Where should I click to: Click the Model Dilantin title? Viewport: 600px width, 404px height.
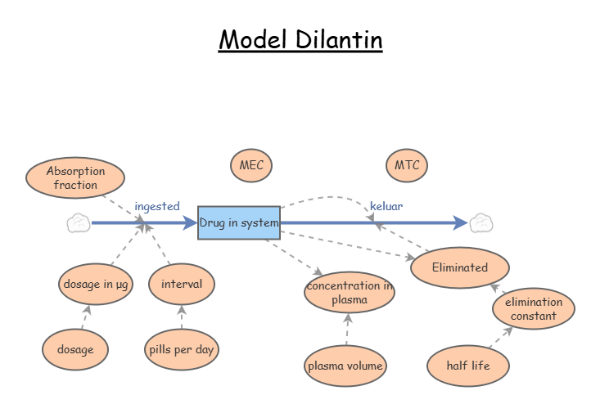coord(300,39)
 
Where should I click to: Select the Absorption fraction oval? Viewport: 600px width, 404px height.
coord(75,177)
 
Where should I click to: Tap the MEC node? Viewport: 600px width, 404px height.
coord(251,165)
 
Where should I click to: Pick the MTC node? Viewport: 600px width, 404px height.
coord(407,165)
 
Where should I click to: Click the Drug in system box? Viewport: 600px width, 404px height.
coord(239,222)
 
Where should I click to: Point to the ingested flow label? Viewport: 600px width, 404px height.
coord(156,206)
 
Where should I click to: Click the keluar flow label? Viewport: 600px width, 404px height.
coord(386,206)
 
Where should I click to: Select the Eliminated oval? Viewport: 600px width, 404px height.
coord(460,267)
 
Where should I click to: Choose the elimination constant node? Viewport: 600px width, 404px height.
coord(534,308)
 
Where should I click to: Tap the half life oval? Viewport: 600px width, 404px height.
coord(469,366)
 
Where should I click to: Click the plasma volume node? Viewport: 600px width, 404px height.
coord(345,366)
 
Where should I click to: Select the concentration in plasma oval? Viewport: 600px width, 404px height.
coord(350,292)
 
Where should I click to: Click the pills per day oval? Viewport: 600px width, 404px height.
coord(182,349)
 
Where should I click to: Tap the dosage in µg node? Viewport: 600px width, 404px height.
coord(96,284)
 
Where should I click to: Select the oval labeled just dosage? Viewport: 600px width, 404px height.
coord(75,349)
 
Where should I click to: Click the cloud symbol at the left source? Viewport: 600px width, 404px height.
coord(78,222)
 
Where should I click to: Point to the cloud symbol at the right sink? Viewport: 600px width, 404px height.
coord(480,222)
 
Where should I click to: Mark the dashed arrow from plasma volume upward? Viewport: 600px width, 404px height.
coord(347,330)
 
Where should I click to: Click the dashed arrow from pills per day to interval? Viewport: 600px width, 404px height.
coord(182,317)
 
